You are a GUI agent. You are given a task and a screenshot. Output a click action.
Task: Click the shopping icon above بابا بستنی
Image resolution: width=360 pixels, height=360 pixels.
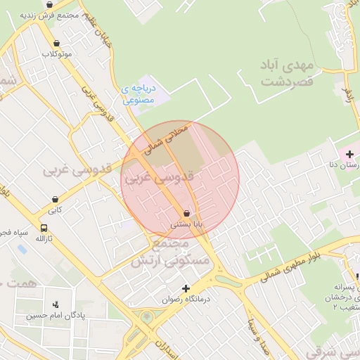click(186, 212)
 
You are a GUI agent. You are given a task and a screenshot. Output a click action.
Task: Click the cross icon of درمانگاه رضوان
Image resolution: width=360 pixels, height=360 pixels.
click(186, 288)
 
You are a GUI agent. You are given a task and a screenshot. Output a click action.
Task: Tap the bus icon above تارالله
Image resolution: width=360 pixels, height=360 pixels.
click(45, 228)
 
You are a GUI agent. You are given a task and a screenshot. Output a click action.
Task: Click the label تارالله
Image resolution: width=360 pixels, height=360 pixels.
click(45, 239)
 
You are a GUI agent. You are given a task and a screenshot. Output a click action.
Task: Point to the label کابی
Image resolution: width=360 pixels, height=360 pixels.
click(55, 210)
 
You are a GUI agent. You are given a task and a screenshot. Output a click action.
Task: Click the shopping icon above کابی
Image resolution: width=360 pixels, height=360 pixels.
click(54, 199)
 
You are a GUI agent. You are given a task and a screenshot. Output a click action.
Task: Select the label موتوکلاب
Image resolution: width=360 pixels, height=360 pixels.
click(57, 54)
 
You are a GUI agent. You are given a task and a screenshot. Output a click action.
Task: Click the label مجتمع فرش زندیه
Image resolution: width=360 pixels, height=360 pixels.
click(46, 15)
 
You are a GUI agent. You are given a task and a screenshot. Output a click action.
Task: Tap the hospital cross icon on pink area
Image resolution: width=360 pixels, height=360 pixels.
click(349, 154)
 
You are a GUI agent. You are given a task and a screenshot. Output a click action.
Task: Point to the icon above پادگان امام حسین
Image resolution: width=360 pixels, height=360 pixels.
click(56, 304)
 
